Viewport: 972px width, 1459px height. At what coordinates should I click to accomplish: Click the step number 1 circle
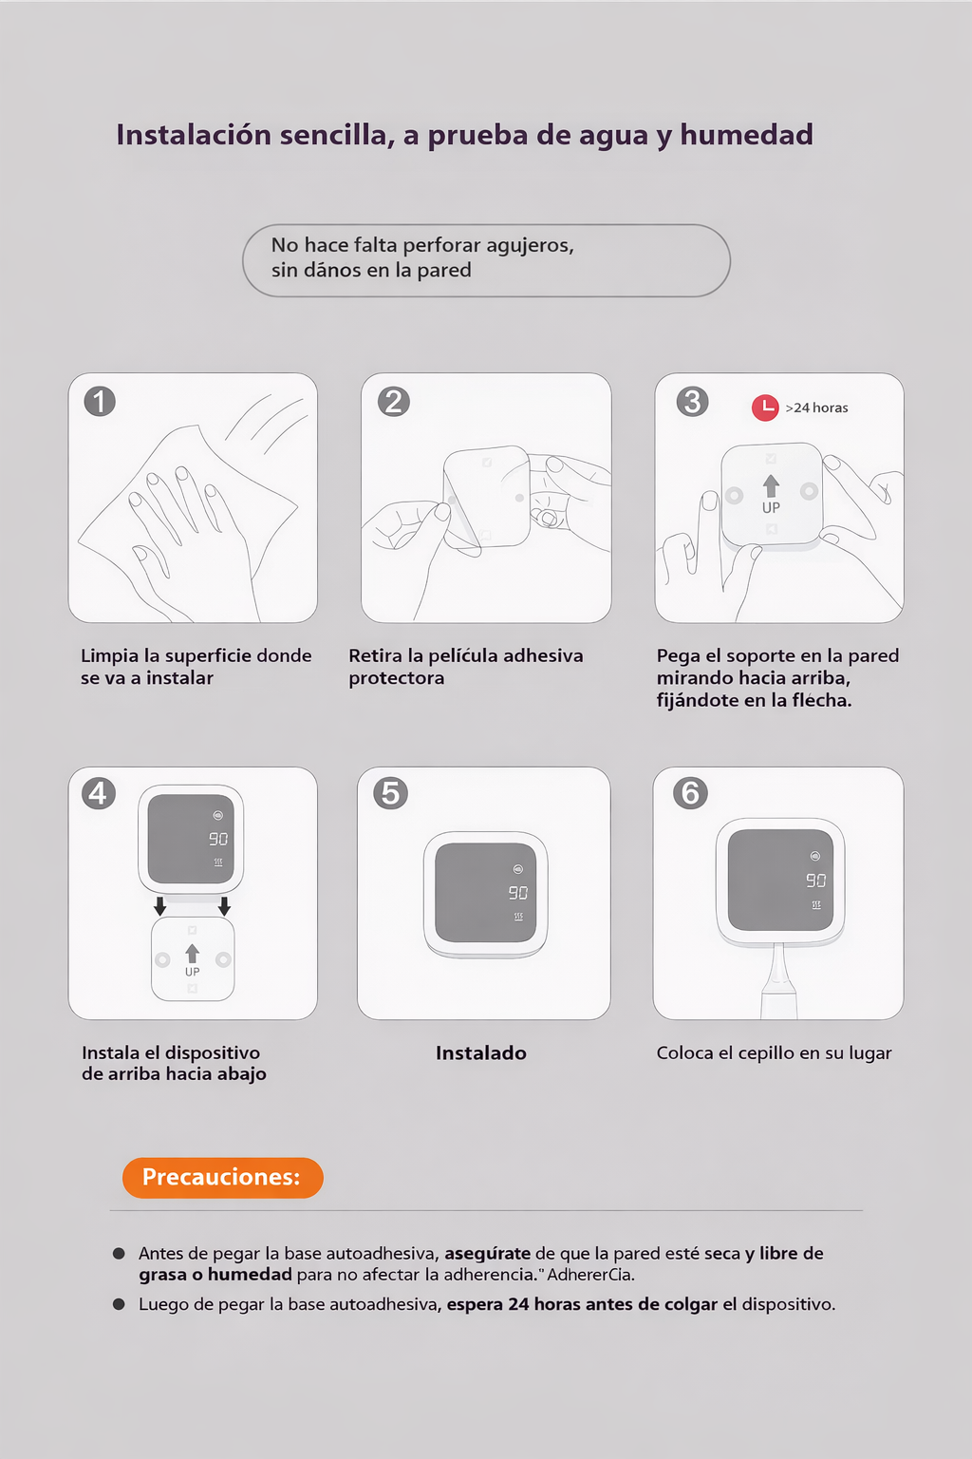[x=100, y=401]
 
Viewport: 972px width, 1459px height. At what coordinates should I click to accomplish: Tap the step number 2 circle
[x=394, y=401]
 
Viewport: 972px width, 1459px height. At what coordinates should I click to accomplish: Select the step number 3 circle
[x=692, y=401]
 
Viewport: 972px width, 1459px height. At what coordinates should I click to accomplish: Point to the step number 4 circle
[x=99, y=793]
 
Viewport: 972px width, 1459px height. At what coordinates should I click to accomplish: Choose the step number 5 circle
[x=391, y=793]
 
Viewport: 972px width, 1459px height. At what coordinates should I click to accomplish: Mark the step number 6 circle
[x=690, y=793]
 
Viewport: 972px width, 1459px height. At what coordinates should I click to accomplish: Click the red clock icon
[x=766, y=407]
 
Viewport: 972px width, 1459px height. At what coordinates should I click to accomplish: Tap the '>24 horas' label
[x=816, y=407]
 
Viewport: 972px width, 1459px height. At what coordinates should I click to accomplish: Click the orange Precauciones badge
[x=223, y=1177]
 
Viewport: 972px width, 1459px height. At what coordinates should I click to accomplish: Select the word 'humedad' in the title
[x=747, y=134]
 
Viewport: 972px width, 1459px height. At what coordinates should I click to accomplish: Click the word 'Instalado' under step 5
[x=481, y=1052]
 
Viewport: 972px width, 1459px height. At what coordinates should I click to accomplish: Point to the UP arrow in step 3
[x=771, y=485]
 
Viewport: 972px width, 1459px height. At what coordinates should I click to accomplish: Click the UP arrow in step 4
[x=192, y=954]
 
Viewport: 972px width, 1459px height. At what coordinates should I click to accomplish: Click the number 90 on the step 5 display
[x=518, y=892]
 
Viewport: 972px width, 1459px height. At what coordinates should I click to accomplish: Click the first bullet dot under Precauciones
[x=119, y=1253]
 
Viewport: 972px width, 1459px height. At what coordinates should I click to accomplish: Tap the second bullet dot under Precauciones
[x=119, y=1304]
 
